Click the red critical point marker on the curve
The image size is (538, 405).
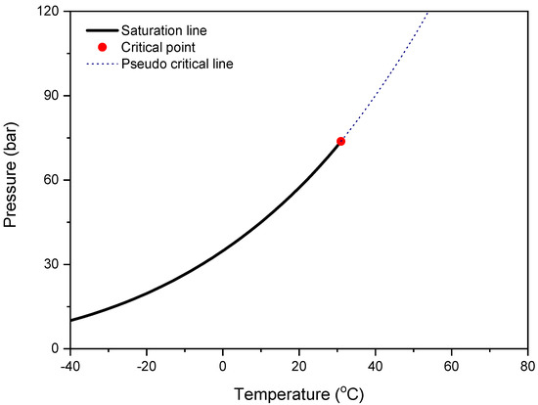[340, 141]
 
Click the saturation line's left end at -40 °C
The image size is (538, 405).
[71, 320]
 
